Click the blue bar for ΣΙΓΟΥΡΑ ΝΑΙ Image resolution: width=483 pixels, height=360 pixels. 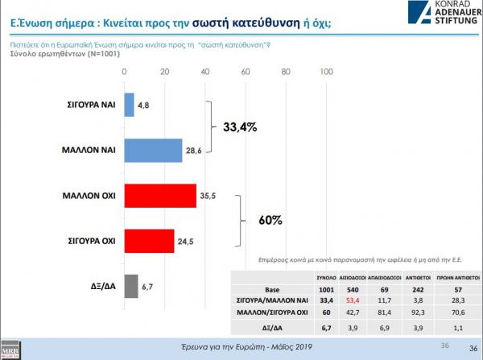[129, 105]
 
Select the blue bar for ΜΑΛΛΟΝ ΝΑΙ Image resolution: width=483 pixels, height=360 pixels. [154, 150]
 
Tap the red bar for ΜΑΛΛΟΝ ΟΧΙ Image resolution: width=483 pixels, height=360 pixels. [160, 196]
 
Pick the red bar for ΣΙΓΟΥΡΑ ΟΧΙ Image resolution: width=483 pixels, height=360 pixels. [149, 240]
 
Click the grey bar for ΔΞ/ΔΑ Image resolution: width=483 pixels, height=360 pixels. [130, 285]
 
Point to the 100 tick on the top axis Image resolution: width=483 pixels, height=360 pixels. [327, 72]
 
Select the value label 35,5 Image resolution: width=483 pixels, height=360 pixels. [208, 196]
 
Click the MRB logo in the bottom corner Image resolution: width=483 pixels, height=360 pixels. [11, 352]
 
